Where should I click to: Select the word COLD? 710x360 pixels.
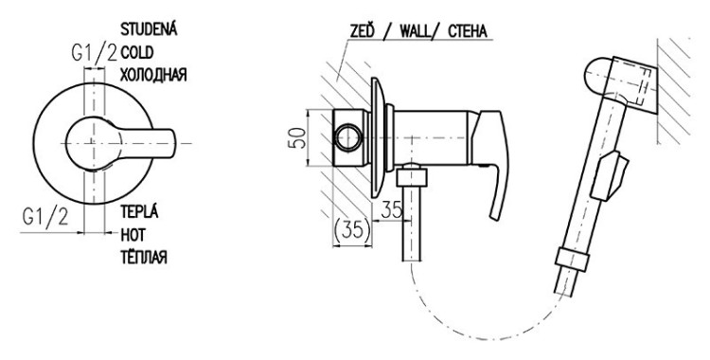pos(136,53)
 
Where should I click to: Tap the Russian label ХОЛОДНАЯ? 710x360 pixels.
pos(153,75)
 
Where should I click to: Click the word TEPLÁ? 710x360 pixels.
pos(139,211)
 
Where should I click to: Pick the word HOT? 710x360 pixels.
pos(133,235)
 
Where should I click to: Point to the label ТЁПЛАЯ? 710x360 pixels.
pos(144,258)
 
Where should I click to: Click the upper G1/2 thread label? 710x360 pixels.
pos(94,53)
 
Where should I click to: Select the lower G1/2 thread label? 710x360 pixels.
pos(45,217)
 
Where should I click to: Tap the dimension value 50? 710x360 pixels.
pos(296,137)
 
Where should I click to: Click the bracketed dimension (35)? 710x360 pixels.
pos(352,230)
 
